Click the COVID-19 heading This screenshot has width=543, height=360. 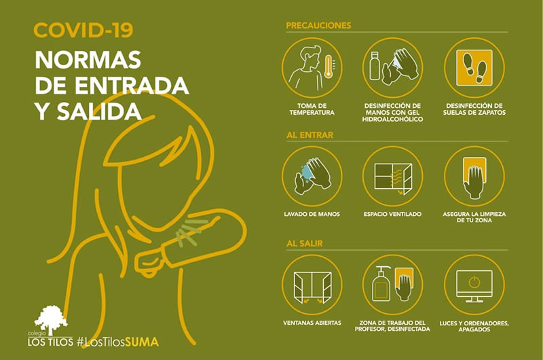83,30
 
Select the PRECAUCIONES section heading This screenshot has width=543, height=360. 318,25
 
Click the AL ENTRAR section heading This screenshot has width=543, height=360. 310,134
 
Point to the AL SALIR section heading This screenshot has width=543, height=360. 304,243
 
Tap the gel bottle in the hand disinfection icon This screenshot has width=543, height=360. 375,66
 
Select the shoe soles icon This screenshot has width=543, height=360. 474,67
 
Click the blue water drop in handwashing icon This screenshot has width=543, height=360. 306,171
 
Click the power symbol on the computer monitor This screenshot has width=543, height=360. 474,283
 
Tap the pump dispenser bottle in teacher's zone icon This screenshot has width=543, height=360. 381,284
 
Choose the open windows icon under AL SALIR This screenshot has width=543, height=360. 312,287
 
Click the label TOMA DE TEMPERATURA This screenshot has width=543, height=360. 312,109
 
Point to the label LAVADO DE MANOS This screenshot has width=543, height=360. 312,214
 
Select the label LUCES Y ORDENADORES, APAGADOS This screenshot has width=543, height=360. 474,326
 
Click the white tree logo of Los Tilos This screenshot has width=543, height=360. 50,319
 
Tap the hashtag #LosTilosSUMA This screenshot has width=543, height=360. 117,342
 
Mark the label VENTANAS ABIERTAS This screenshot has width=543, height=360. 312,323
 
